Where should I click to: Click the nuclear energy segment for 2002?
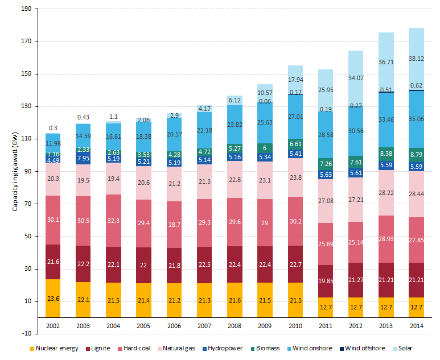pyautogui.click(x=53, y=298)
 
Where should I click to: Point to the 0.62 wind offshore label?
pyautogui.click(x=416, y=85)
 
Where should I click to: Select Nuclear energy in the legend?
pyautogui.click(x=51, y=348)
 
